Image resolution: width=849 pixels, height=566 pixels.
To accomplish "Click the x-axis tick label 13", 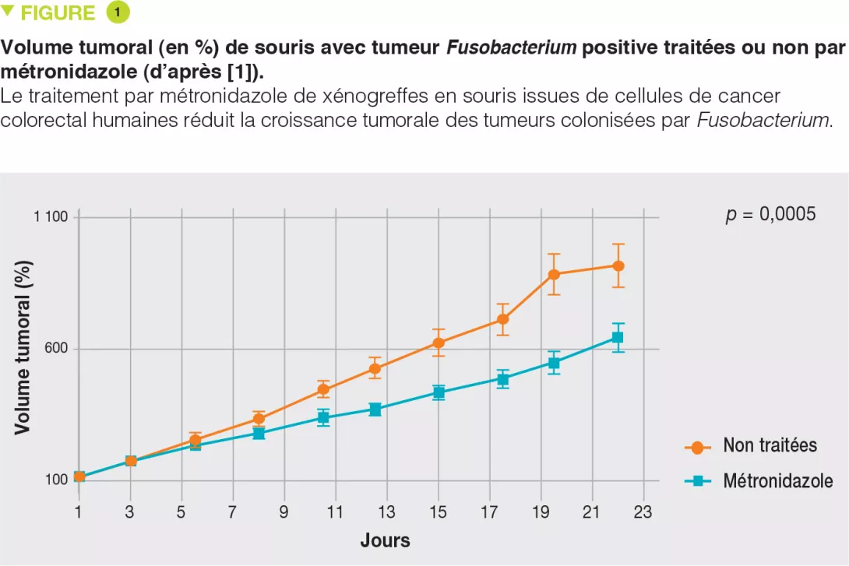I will pyautogui.click(x=387, y=512).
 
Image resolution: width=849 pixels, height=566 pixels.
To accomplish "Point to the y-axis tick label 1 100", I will pyautogui.click(x=51, y=217).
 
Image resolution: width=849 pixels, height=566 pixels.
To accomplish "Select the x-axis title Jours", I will pyautogui.click(x=385, y=540).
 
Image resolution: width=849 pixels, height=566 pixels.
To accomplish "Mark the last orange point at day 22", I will pyautogui.click(x=618, y=265).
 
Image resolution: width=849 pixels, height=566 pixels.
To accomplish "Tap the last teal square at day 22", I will pyautogui.click(x=618, y=337).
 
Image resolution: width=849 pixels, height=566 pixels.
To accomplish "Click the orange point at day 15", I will pyautogui.click(x=439, y=343).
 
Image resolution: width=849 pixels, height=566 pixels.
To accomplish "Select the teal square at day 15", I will pyautogui.click(x=439, y=392).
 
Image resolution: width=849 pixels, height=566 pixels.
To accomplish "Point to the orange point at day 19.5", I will pyautogui.click(x=554, y=274).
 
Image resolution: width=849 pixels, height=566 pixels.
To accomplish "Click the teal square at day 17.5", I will pyautogui.click(x=503, y=379).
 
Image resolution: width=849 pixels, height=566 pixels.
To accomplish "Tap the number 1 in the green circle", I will pyautogui.click(x=118, y=12).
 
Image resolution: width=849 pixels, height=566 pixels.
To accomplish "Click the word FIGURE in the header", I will pyautogui.click(x=57, y=13).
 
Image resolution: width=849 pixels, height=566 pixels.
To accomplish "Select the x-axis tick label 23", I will pyautogui.click(x=643, y=512).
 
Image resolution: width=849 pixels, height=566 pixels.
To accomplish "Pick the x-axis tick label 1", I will pyautogui.click(x=79, y=512).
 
